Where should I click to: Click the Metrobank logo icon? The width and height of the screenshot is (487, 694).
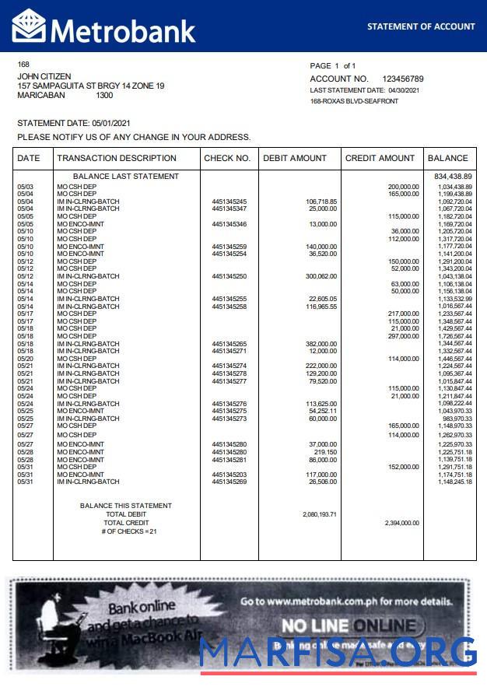(29, 26)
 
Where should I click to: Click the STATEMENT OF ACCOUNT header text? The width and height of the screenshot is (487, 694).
(421, 26)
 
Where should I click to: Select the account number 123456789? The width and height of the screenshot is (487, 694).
(403, 79)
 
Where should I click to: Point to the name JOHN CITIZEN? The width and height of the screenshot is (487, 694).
(44, 76)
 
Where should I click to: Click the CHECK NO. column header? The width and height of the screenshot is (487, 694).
(227, 159)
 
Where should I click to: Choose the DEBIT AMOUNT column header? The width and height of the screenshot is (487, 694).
(295, 159)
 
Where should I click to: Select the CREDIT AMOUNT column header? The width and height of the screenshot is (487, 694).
(380, 159)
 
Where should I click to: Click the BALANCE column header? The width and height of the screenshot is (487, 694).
(448, 159)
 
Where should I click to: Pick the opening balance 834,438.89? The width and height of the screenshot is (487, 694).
(453, 177)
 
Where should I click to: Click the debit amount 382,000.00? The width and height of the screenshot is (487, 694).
(321, 344)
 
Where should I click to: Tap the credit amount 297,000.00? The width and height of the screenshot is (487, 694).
(404, 336)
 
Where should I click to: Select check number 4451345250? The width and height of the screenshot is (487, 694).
(229, 277)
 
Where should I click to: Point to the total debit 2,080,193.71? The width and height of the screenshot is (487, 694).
(319, 515)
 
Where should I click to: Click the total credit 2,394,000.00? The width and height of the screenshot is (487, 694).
(401, 524)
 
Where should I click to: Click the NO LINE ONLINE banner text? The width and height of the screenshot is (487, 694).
(348, 626)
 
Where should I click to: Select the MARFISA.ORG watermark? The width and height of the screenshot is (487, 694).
(338, 652)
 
